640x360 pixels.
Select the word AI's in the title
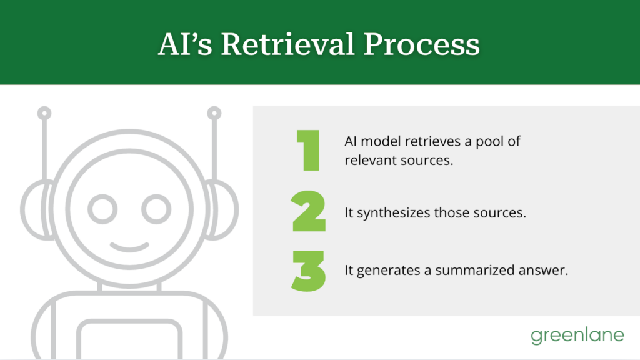pos(186,45)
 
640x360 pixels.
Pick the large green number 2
pos(309,212)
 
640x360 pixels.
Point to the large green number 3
pos(309,271)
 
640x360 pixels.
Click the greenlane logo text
pos(577,336)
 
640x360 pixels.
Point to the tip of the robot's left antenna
pos(44,114)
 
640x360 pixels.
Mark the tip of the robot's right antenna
pos(214,114)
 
